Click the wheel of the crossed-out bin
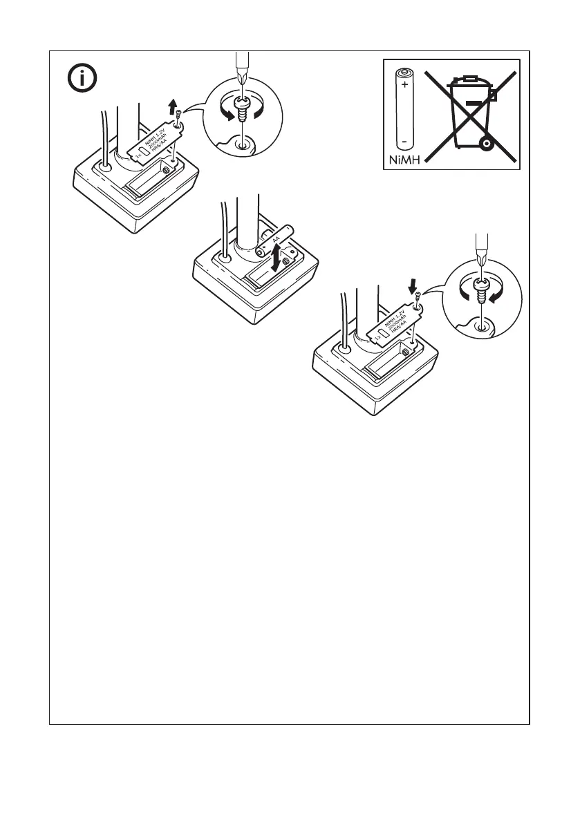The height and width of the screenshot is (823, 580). (487, 144)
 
